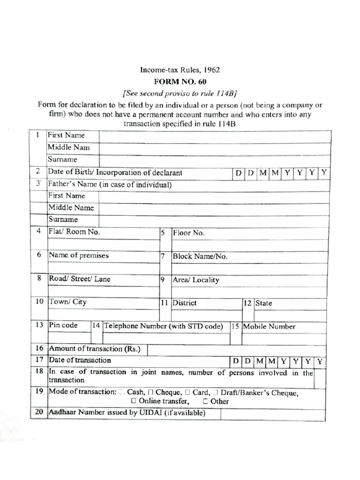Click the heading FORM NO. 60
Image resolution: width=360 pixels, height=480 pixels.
pos(180,81)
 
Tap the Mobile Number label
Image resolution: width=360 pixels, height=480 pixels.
pos(269,326)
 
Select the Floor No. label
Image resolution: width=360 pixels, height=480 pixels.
pos(189,233)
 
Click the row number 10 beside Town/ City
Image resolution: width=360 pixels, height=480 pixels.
pos(39,302)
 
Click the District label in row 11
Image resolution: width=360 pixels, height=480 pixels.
pos(185,303)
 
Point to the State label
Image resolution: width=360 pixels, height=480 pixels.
pos(263,303)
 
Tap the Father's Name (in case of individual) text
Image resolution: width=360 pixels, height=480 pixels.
pos(110,185)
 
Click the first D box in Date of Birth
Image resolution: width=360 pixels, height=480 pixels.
pos(239,173)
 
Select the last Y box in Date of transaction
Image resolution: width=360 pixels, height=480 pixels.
pos(319,361)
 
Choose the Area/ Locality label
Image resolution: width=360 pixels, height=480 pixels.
pos(196,280)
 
